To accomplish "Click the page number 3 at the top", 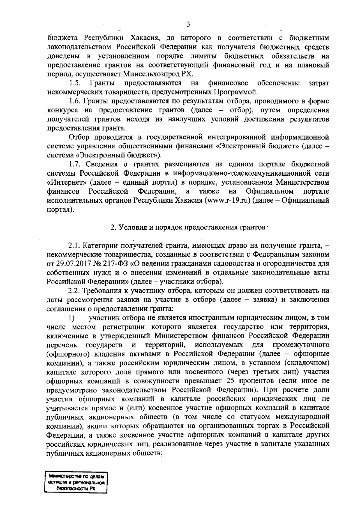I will [x=188, y=24].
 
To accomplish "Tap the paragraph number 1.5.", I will [x=74, y=83].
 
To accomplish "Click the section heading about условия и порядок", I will [x=188, y=228].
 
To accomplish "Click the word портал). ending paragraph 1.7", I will [x=60, y=209].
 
